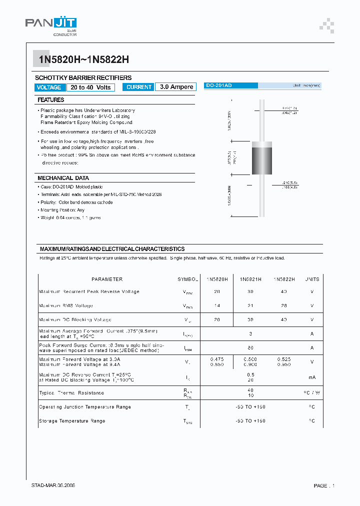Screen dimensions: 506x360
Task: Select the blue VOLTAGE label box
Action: tap(49, 87)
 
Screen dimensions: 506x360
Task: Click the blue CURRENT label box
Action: tap(138, 87)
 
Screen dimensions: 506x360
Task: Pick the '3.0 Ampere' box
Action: tap(176, 87)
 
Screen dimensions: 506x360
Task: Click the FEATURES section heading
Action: tap(51, 100)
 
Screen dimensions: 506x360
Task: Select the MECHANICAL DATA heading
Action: tap(63, 178)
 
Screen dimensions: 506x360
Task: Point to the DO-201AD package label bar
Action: tap(230, 86)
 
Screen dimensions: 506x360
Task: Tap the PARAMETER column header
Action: tap(107, 279)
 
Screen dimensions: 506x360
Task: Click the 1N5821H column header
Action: tap(250, 279)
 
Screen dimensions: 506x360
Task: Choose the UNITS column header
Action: tap(311, 279)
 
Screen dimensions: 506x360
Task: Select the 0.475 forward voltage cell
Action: tap(217, 359)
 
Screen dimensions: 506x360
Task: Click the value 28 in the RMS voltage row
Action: tap(283, 305)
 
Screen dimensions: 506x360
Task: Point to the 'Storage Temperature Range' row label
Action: tap(72, 421)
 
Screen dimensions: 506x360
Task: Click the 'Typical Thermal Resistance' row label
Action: tap(71, 393)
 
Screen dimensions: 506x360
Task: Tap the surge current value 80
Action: tap(250, 347)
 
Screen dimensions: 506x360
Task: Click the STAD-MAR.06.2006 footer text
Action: tap(53, 485)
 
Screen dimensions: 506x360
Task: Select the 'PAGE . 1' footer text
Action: tap(324, 486)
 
